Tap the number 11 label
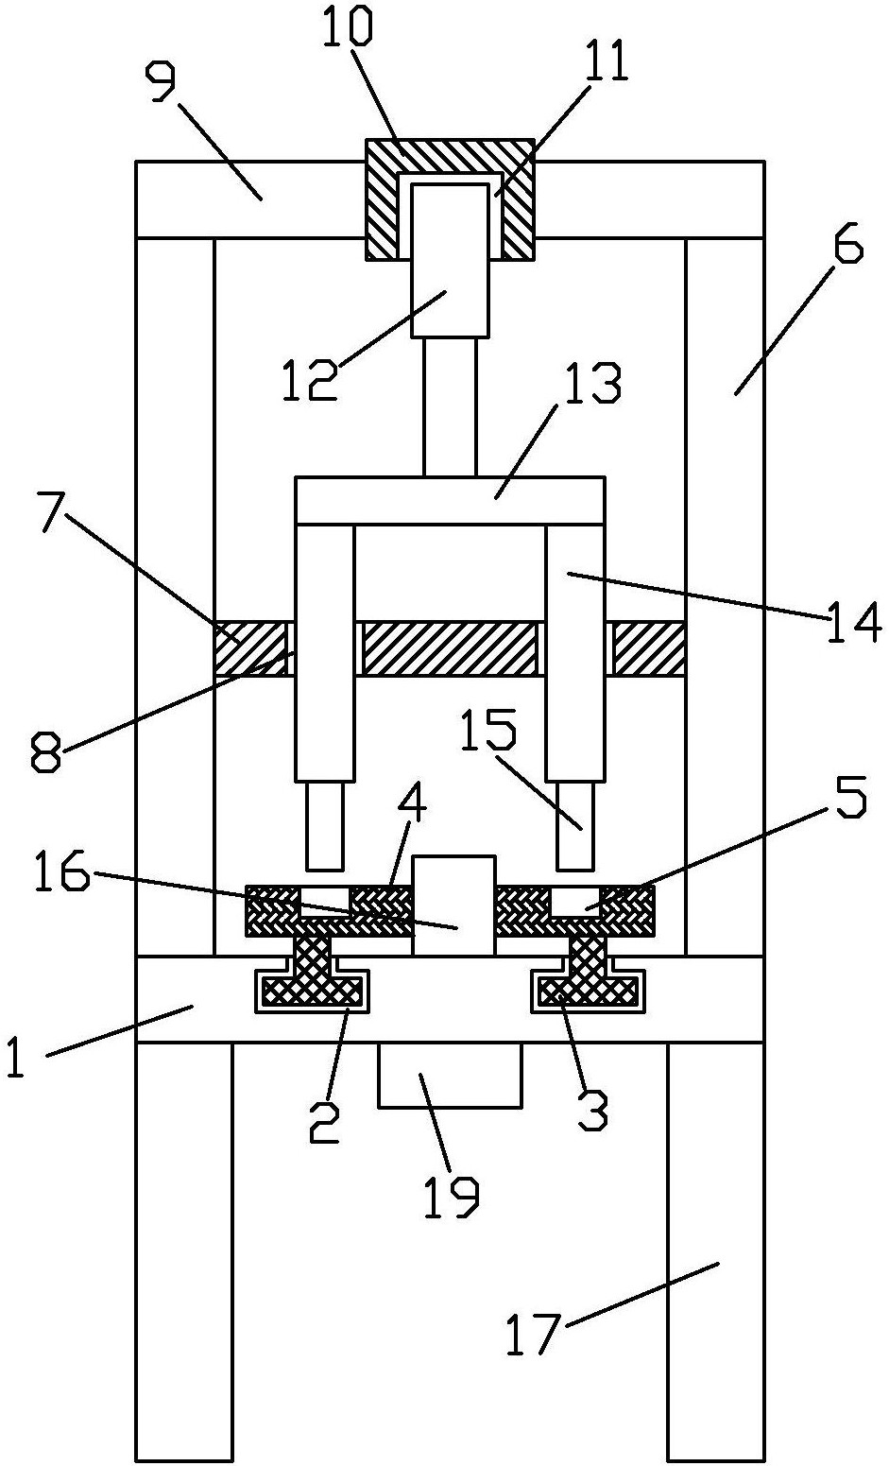tap(605, 60)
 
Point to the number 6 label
tap(847, 244)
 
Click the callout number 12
tap(310, 380)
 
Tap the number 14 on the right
tap(854, 622)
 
